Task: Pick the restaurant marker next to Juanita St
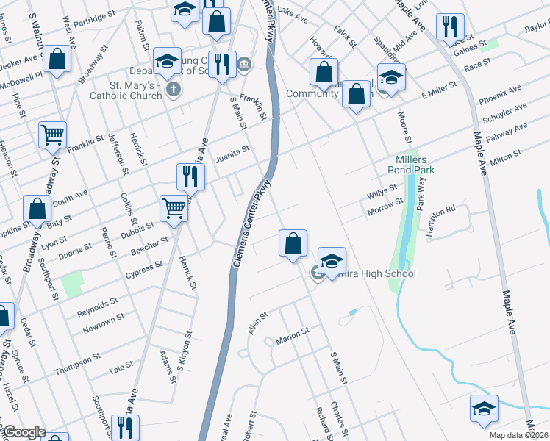(x=190, y=176)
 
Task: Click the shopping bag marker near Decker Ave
(x=56, y=58)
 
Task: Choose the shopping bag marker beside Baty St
(x=37, y=209)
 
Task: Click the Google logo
(x=24, y=433)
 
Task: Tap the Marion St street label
(x=292, y=336)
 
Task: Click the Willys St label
(x=382, y=194)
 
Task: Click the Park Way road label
(x=422, y=194)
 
